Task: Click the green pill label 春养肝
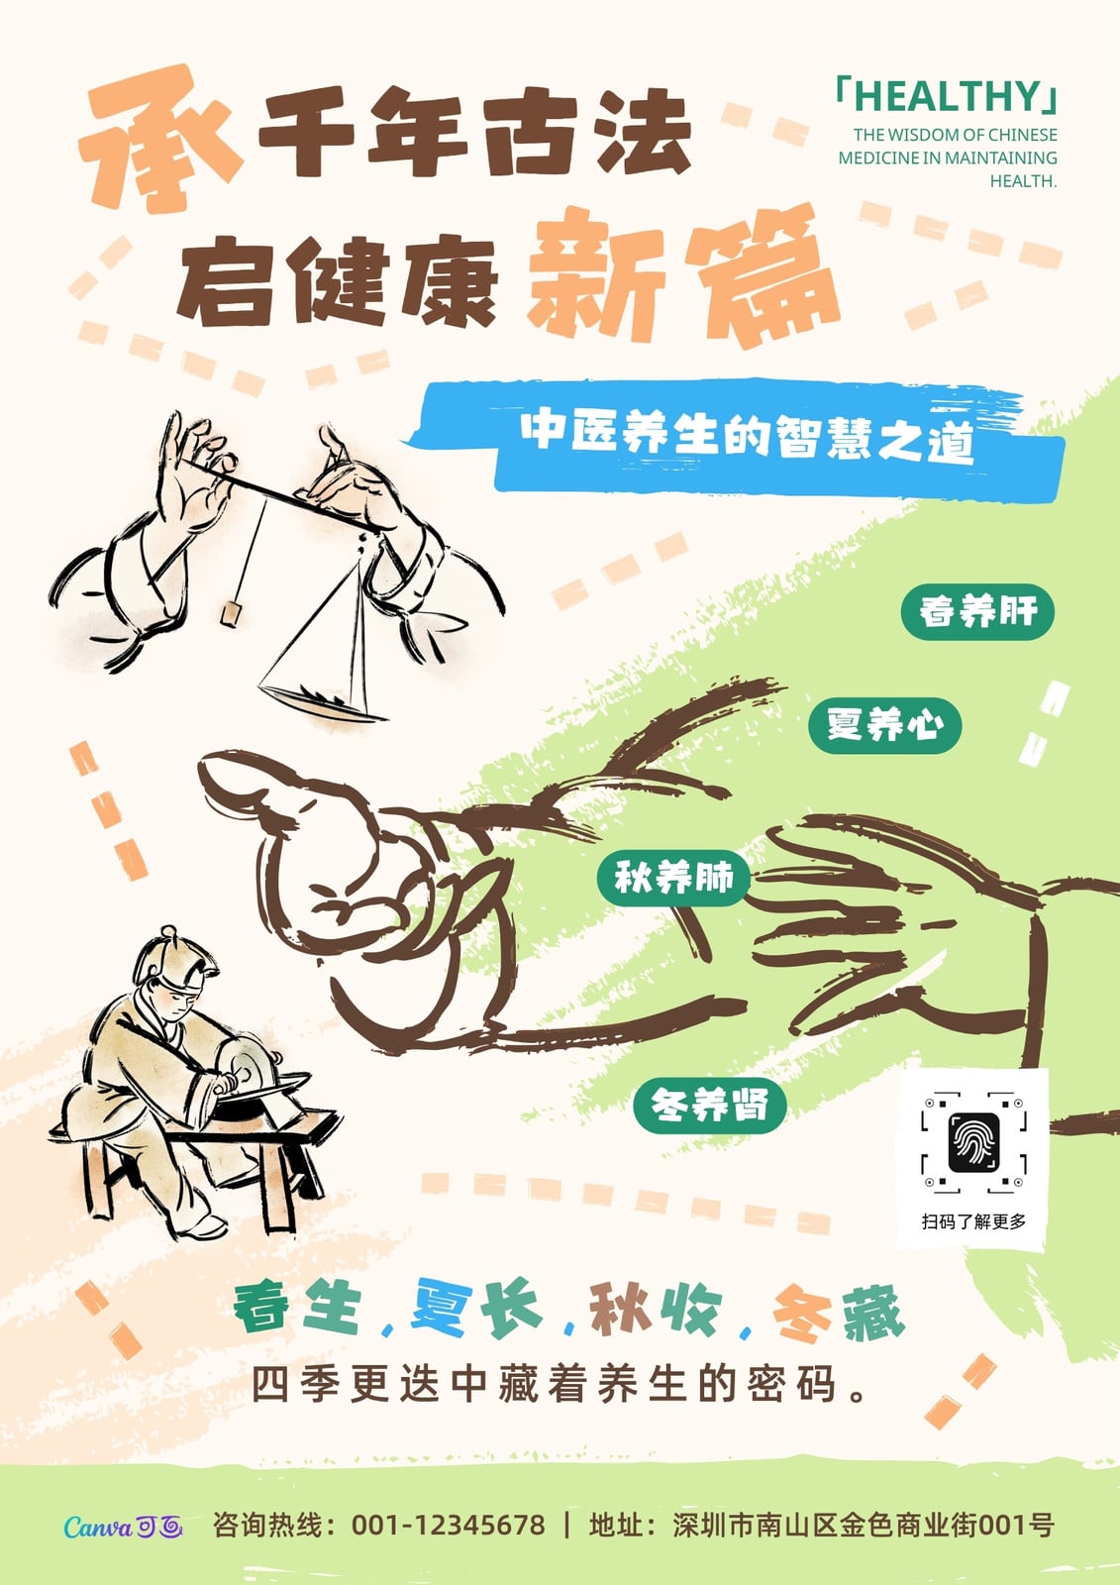point(977,612)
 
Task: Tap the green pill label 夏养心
point(885,726)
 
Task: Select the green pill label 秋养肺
point(672,879)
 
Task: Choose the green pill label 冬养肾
point(709,1106)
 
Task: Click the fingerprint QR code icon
point(973,1143)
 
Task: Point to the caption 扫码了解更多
point(973,1221)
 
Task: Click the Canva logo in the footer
point(123,1527)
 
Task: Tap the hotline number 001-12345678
point(449,1525)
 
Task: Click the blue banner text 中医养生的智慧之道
point(748,434)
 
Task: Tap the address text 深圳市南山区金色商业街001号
point(863,1525)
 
